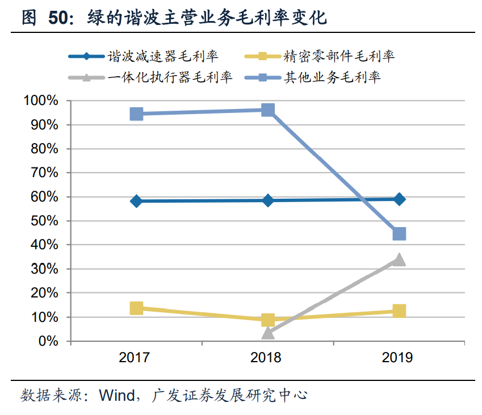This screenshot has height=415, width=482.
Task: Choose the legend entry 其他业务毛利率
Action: point(332,77)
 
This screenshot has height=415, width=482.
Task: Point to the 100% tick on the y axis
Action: point(41,101)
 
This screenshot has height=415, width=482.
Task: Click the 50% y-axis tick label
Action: point(44,221)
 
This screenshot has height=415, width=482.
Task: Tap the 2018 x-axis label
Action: point(268,358)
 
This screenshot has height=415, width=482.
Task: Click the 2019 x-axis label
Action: point(399,358)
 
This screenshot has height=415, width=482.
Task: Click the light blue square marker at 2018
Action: point(268,110)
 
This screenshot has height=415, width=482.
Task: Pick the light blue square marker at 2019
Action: point(399,234)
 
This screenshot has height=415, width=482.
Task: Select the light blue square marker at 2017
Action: point(136,114)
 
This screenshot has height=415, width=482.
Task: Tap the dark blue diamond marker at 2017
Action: point(136,201)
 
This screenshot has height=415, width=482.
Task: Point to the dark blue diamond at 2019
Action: point(399,199)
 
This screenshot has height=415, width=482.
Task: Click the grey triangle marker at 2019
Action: point(399,259)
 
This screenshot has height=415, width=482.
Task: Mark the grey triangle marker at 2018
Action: point(268,333)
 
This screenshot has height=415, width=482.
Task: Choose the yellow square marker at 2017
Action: point(136,308)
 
